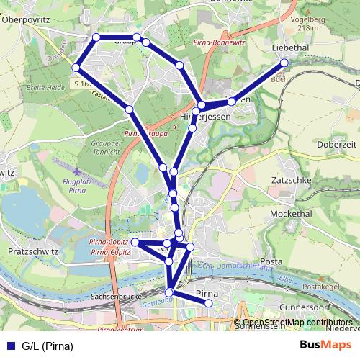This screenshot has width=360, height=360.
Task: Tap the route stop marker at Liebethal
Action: pyautogui.click(x=284, y=63)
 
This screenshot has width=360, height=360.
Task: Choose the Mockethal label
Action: pyautogui.click(x=292, y=215)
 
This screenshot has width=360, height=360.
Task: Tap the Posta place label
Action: pyautogui.click(x=271, y=261)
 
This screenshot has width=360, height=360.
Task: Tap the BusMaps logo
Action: pyautogui.click(x=320, y=346)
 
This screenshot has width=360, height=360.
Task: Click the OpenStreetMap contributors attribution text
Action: pyautogui.click(x=297, y=322)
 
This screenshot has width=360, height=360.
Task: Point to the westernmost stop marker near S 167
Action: pyautogui.click(x=76, y=68)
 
